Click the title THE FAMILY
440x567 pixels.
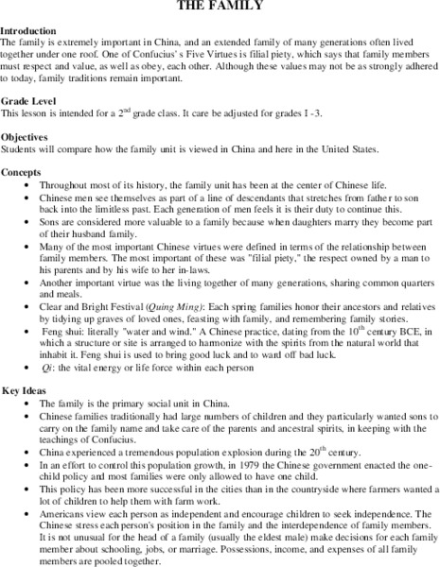(x=220, y=7)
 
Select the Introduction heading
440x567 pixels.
(x=33, y=31)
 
